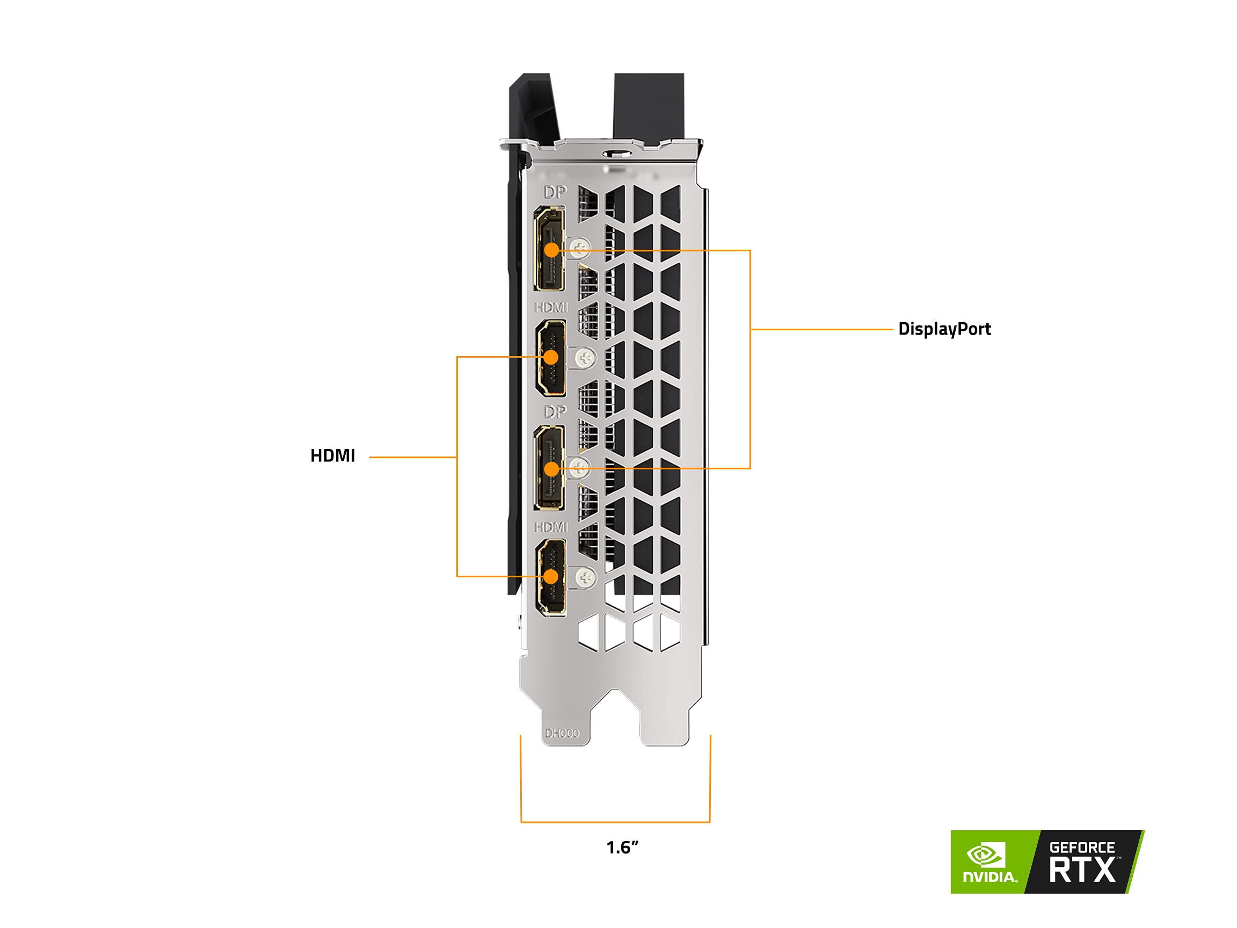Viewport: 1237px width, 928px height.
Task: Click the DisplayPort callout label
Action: pos(944,329)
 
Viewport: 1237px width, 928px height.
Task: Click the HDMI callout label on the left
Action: pos(333,456)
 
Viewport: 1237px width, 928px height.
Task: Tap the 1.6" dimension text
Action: pos(622,847)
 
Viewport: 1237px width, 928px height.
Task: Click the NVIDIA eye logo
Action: pos(986,855)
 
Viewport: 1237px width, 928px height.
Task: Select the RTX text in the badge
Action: pos(1082,871)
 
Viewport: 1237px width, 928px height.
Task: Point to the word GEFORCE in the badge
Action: pos(1082,848)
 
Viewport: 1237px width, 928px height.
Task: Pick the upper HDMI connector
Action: pos(551,358)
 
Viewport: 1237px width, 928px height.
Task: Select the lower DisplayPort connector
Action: pos(549,468)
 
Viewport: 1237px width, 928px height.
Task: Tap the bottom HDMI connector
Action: pos(551,577)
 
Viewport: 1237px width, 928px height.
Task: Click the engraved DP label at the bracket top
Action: pos(555,192)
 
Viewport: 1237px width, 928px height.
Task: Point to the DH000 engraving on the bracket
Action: pos(562,733)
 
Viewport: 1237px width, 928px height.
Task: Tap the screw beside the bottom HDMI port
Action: pos(586,577)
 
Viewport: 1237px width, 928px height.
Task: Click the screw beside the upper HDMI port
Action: pos(586,358)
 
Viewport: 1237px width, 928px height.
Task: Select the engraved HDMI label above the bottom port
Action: pos(551,527)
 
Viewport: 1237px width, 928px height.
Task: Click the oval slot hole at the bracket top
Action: pos(617,153)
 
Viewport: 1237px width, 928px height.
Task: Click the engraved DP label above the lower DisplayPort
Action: pos(555,412)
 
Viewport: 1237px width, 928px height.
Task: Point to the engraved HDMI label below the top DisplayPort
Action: pos(551,307)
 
